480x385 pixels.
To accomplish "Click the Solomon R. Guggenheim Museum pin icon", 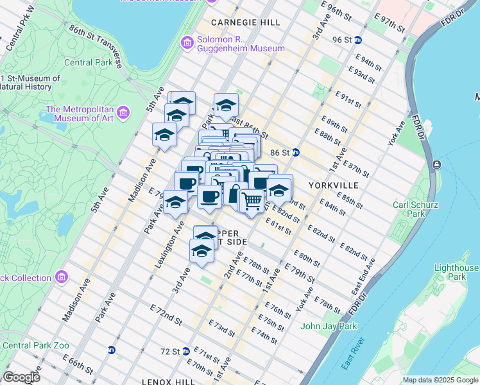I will point(187,44).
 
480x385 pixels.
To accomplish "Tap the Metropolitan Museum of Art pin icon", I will point(124,113).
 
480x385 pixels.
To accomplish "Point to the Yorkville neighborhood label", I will point(332,185).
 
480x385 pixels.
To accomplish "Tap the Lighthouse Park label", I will point(456,272).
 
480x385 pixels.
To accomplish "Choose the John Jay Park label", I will point(329,326).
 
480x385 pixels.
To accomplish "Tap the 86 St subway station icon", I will point(296,153).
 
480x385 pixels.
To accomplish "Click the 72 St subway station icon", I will point(185,352).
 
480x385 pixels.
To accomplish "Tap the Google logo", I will point(21,377).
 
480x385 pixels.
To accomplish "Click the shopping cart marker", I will point(252,201).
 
